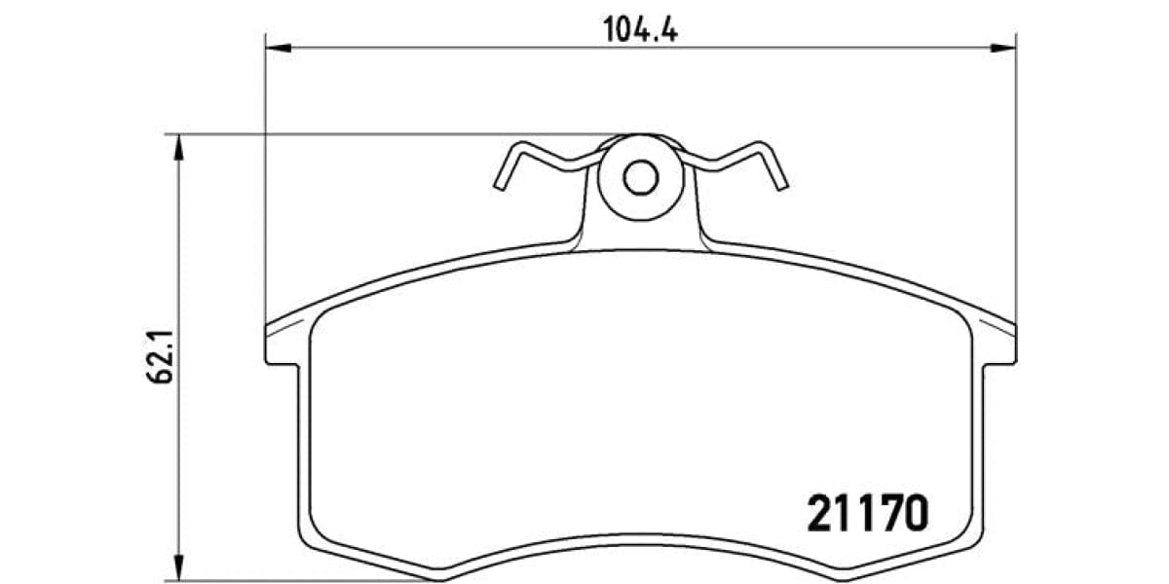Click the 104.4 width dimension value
click(641, 29)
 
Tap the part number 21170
click(865, 514)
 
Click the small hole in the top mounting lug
click(640, 177)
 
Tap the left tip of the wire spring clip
click(500, 185)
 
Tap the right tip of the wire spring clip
click(781, 185)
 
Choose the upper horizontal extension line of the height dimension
click(390, 134)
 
